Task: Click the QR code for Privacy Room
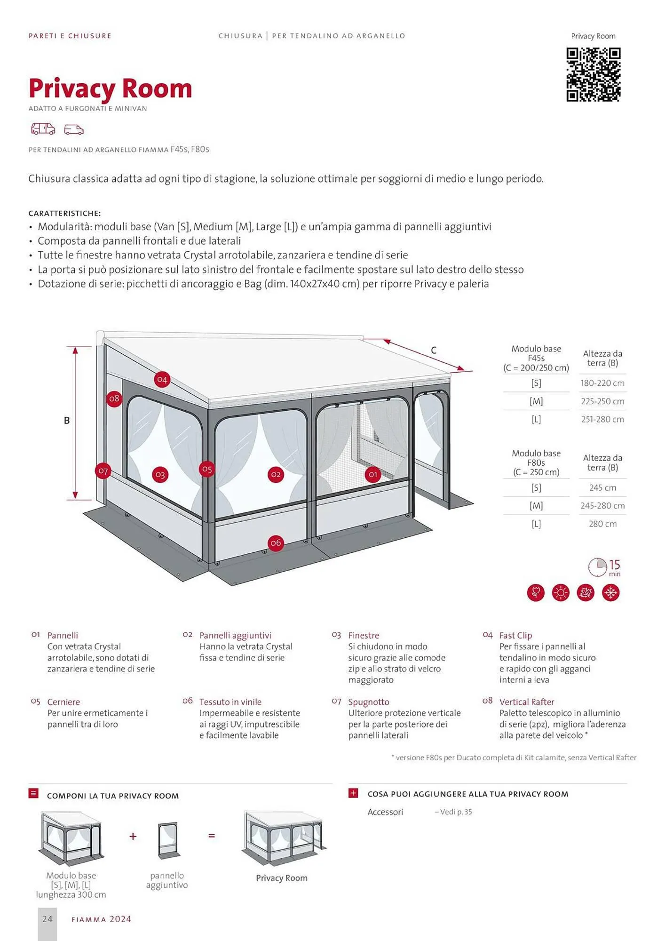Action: click(593, 74)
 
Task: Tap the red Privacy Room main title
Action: click(111, 88)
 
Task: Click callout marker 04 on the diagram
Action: click(162, 379)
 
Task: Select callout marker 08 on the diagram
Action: click(114, 399)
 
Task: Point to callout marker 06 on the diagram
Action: click(276, 543)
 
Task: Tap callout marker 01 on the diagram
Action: click(373, 474)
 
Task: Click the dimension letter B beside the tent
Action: click(67, 420)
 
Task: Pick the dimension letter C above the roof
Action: click(434, 350)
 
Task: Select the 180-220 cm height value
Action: click(602, 383)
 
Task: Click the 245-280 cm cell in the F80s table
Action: click(602, 506)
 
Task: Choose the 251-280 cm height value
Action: click(602, 419)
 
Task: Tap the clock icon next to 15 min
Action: click(597, 567)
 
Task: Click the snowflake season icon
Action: click(611, 593)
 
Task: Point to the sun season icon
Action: click(561, 593)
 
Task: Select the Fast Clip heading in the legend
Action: click(515, 636)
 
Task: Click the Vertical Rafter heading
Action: click(527, 702)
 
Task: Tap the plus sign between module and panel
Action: click(133, 836)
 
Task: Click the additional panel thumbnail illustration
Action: click(167, 841)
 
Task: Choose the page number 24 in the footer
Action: click(47, 919)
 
